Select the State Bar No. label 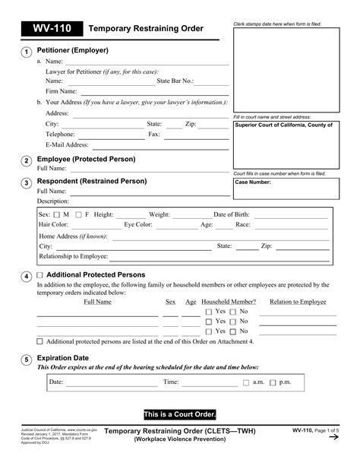click(175, 80)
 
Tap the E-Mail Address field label click(67, 144)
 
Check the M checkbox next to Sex click(55, 215)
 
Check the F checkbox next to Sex click(77, 215)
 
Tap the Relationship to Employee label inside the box click(74, 256)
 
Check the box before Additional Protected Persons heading click(40, 275)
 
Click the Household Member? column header click(229, 302)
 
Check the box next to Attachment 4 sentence click(40, 341)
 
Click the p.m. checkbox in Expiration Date click(273, 382)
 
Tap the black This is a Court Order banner click(180, 414)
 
